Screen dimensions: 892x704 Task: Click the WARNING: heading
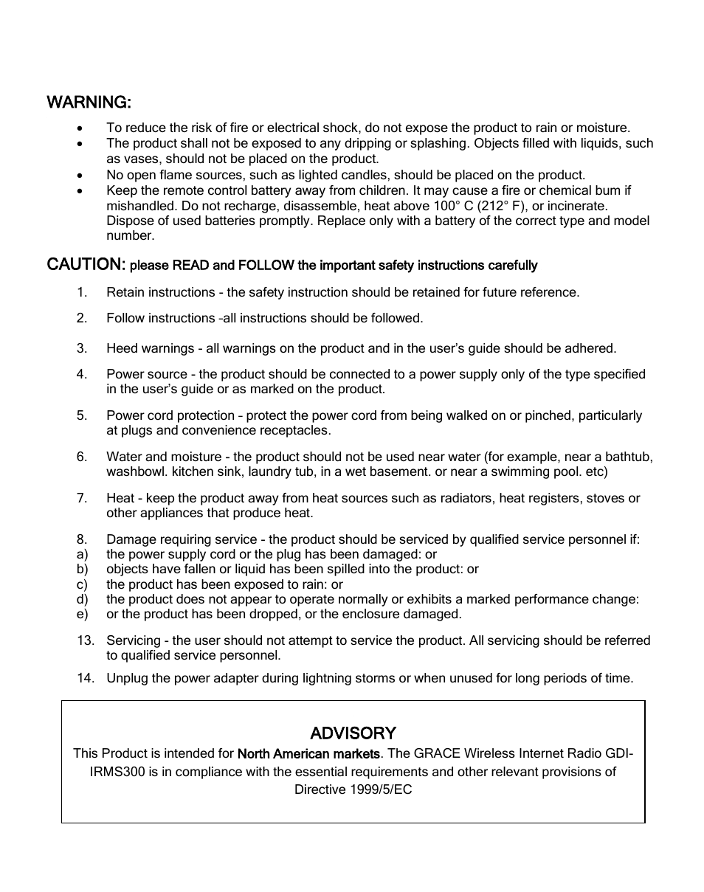(x=89, y=101)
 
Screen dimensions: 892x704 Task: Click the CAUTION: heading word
(x=87, y=264)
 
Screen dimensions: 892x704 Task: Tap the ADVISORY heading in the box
(x=353, y=733)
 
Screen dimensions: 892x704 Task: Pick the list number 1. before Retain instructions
(x=82, y=292)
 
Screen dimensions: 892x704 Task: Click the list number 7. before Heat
(x=82, y=498)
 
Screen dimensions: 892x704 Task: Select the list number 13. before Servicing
(x=86, y=640)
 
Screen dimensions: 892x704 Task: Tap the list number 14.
(x=86, y=678)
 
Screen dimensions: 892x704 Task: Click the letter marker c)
(x=82, y=584)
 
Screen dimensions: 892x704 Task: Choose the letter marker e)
(x=82, y=614)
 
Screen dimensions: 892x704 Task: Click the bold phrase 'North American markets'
(x=309, y=754)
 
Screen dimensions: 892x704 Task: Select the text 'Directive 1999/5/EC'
(x=353, y=789)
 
